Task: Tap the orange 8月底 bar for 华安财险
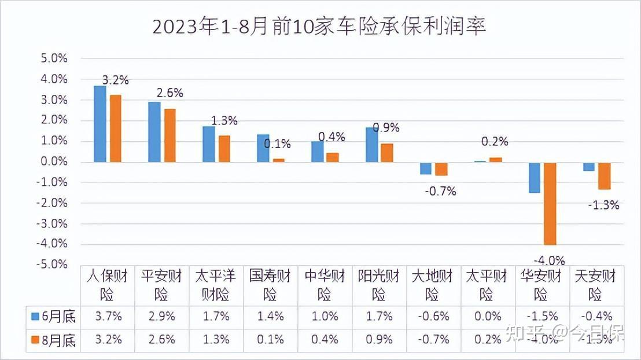(550, 203)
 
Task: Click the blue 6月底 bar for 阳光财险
(371, 145)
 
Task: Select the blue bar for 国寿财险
(263, 148)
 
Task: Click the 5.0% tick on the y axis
(54, 59)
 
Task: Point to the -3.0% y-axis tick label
(52, 223)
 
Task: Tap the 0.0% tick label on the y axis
(54, 161)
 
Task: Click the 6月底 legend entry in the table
(53, 317)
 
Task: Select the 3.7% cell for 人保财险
(107, 317)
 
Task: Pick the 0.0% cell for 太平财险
(488, 317)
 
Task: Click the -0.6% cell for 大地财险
(432, 317)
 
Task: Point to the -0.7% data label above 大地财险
(440, 191)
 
